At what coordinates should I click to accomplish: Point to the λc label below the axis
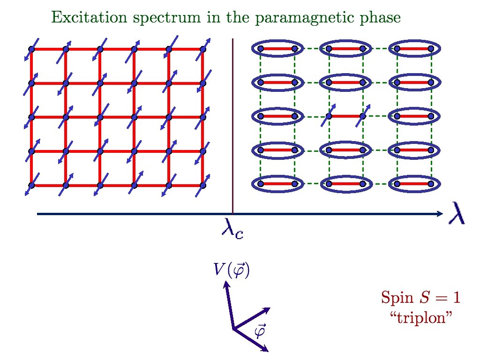232,230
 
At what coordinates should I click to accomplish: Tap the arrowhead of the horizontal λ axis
440,214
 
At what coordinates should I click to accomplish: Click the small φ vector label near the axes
259,331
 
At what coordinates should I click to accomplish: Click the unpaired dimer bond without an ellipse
345,116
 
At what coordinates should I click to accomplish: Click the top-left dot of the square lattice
31,49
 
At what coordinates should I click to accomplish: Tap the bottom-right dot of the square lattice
203,185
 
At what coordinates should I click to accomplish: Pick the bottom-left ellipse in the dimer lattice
277,184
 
